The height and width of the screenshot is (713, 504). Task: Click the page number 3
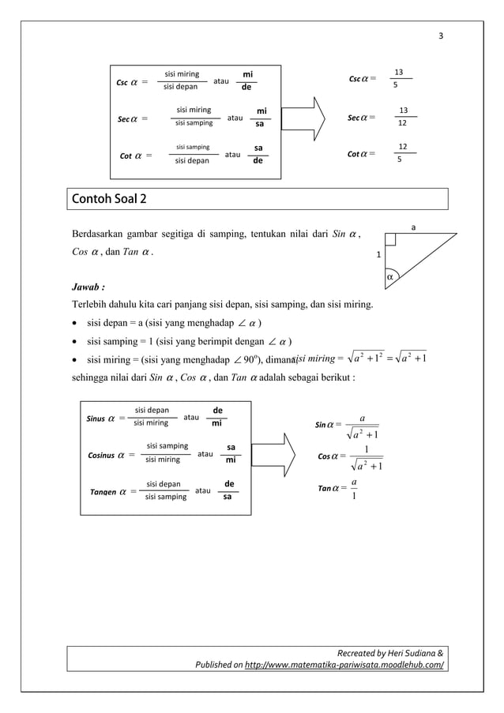point(442,36)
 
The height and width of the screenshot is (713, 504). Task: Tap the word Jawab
point(88,287)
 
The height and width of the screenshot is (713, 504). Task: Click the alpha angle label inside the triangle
point(390,277)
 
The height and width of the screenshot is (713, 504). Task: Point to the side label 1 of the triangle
point(378,255)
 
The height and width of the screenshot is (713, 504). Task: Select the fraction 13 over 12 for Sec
point(403,117)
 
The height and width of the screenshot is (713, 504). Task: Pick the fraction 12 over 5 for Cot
point(402,153)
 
